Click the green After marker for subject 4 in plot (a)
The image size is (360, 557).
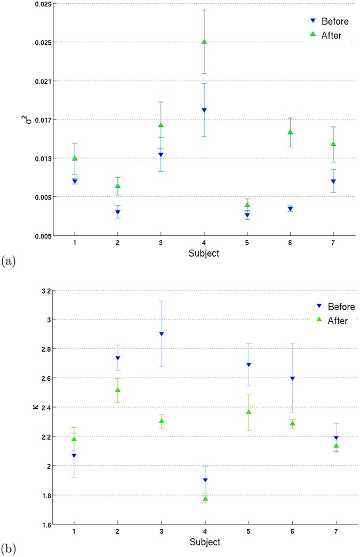click(x=204, y=42)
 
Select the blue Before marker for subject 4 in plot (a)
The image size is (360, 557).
click(x=204, y=110)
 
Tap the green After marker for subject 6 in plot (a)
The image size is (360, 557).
click(x=290, y=132)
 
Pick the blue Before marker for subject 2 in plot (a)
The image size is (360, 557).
click(x=118, y=212)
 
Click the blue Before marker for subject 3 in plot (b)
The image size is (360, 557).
click(x=161, y=334)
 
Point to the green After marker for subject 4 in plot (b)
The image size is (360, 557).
click(x=204, y=499)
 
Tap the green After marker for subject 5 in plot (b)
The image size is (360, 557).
click(x=249, y=412)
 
